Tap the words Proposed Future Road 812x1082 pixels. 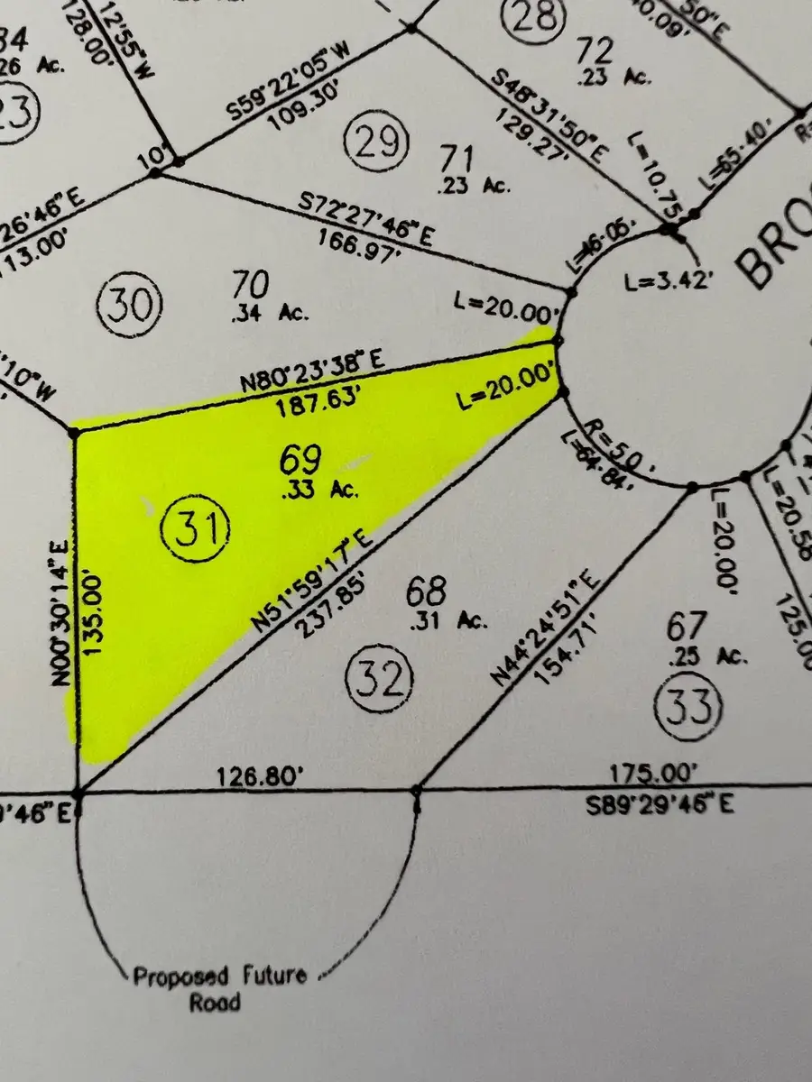(x=219, y=988)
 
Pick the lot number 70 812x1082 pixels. (x=250, y=285)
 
